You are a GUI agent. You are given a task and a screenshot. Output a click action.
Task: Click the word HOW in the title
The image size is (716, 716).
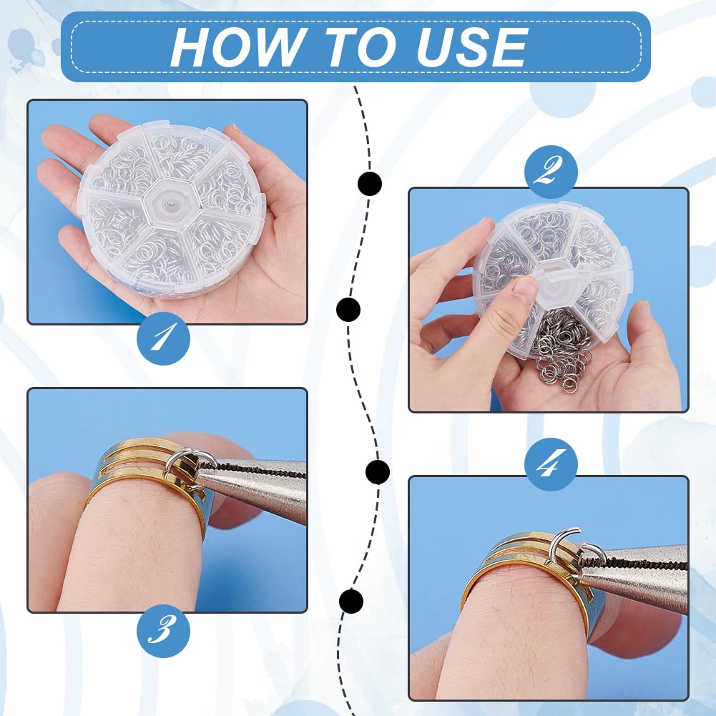tap(238, 46)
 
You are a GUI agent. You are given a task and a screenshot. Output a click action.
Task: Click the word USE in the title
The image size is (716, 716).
tap(472, 46)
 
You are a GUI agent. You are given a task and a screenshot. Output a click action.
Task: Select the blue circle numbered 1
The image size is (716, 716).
tap(164, 338)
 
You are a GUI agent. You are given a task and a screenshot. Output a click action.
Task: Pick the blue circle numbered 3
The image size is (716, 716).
tap(164, 631)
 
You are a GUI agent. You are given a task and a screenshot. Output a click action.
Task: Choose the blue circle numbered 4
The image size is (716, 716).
tap(551, 464)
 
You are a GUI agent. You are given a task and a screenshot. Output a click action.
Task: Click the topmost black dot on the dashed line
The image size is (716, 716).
tap(369, 184)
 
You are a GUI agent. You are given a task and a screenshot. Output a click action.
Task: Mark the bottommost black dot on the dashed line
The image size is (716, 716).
tap(351, 601)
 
